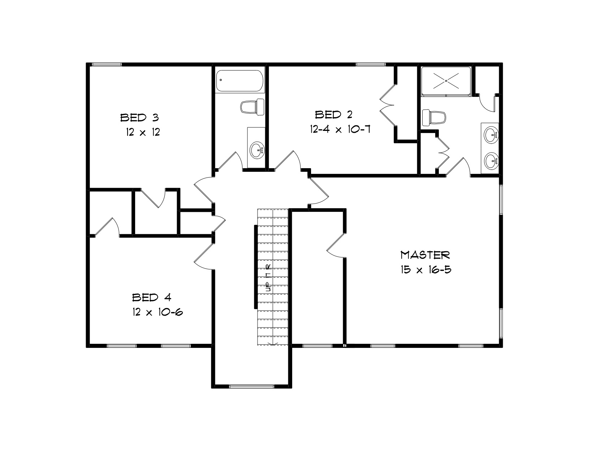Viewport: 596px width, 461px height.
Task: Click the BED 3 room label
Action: pyautogui.click(x=139, y=118)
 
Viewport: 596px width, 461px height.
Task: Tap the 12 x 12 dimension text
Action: pyautogui.click(x=143, y=132)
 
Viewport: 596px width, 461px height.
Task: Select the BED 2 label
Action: pyautogui.click(x=333, y=115)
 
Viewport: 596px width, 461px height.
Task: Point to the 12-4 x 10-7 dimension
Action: pyautogui.click(x=340, y=129)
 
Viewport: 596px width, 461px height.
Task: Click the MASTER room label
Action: pyautogui.click(x=425, y=255)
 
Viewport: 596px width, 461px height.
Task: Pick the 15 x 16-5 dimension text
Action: pyautogui.click(x=426, y=270)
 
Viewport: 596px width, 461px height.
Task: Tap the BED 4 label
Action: pyautogui.click(x=152, y=297)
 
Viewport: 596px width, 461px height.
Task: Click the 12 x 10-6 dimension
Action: pyautogui.click(x=158, y=312)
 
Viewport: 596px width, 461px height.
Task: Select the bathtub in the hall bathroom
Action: pyautogui.click(x=240, y=80)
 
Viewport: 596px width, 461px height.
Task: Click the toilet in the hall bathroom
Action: pyautogui.click(x=252, y=107)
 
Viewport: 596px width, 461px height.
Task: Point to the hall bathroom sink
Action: pyautogui.click(x=257, y=150)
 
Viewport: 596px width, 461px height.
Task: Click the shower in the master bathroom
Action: pyautogui.click(x=446, y=81)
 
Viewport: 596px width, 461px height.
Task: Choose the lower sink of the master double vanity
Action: pyautogui.click(x=491, y=161)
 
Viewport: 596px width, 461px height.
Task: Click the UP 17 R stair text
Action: pyautogui.click(x=268, y=278)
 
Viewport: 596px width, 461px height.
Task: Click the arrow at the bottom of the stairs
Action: pyautogui.click(x=273, y=343)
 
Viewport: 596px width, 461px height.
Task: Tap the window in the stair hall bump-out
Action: pyautogui.click(x=251, y=387)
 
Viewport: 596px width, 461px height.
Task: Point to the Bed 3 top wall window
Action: pyautogui.click(x=107, y=64)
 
